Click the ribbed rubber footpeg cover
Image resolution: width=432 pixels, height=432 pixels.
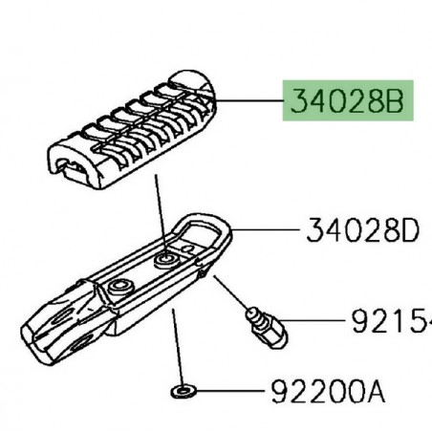(134, 135)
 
